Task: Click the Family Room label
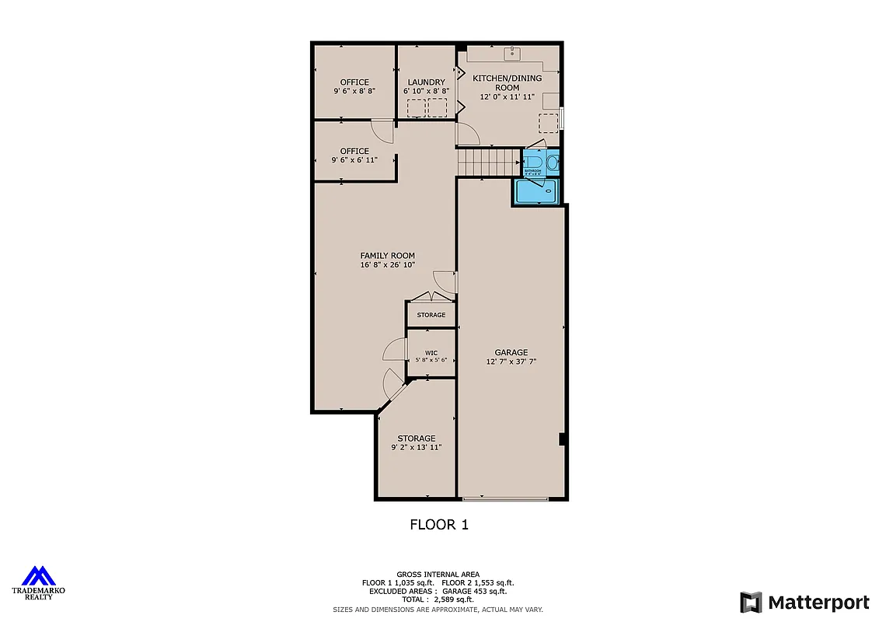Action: point(387,260)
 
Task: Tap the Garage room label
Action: point(511,356)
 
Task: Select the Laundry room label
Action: point(426,86)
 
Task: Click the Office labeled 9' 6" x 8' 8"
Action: point(354,86)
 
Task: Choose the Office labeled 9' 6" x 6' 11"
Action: point(354,155)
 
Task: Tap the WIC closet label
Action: point(431,356)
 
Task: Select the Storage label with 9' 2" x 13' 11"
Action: point(417,442)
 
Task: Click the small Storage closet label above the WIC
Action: point(431,315)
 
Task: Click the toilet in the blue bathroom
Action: point(552,163)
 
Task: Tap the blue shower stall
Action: point(537,191)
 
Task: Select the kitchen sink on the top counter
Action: point(512,54)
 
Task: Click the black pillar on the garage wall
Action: point(561,439)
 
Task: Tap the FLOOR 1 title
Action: point(439,525)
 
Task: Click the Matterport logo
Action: point(804,602)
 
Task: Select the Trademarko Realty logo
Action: point(38,583)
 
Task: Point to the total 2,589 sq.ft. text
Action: point(438,599)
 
